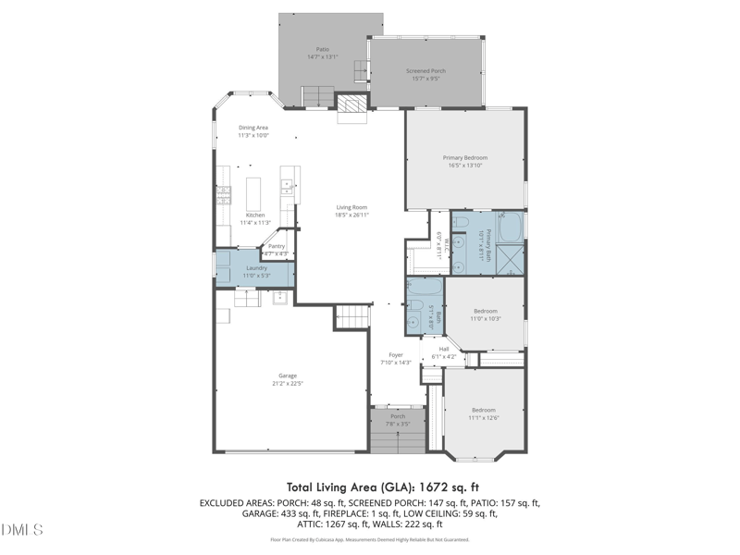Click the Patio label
coord(322,49)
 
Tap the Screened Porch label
coord(425,71)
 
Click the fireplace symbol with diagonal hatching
coord(351,107)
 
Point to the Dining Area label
coord(253,128)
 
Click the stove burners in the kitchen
coord(223,194)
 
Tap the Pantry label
coord(277,246)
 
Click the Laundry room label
coord(256,268)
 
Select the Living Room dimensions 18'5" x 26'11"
coord(351,215)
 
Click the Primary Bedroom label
coord(464,158)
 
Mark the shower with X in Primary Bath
coord(511,260)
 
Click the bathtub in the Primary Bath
coord(510,227)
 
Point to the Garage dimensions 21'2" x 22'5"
coord(288,383)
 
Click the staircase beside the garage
coord(351,317)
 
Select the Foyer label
coord(395,354)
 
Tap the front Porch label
coord(398,416)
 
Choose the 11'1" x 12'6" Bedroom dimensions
coord(484,418)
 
